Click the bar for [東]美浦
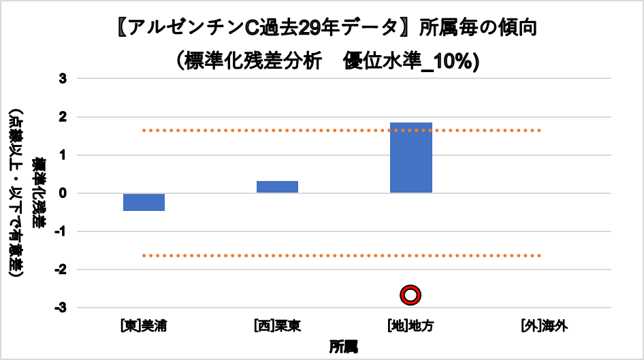(144, 202)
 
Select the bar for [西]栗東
(277, 187)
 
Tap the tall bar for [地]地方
(411, 158)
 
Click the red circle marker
(410, 295)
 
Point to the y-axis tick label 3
(63, 79)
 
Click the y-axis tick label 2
(63, 117)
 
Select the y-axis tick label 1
(63, 155)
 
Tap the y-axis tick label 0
(63, 193)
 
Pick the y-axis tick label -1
(61, 231)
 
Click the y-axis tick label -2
(61, 269)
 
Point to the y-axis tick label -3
(61, 308)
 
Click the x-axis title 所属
(343, 346)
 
